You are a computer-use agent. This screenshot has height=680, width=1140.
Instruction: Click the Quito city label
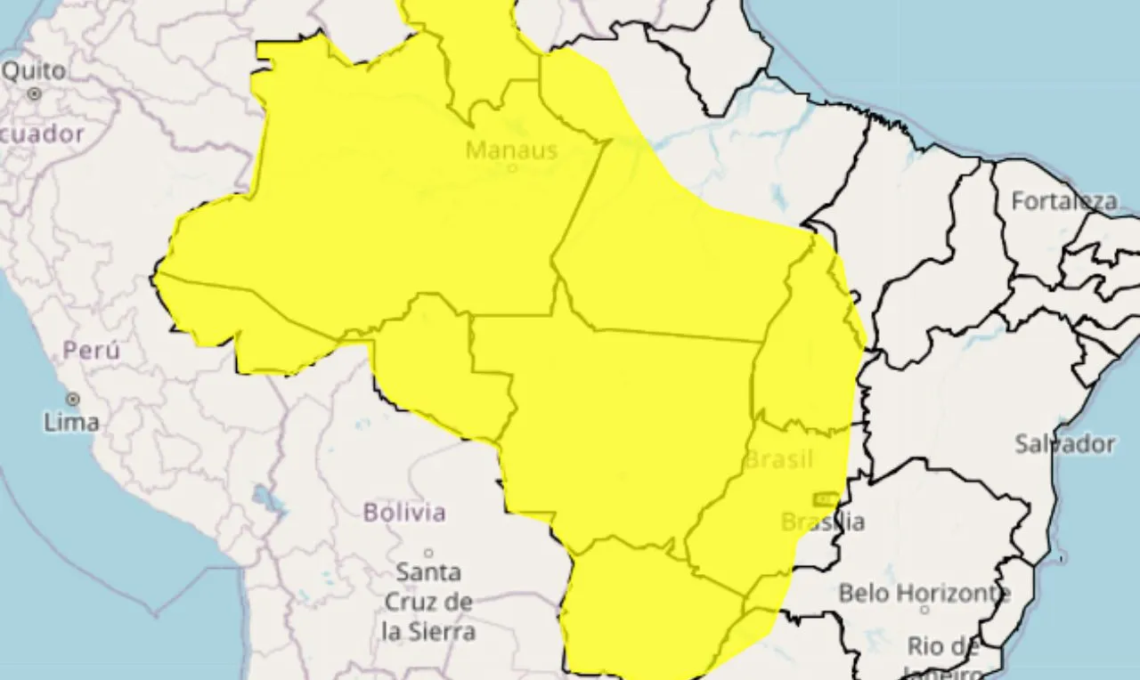pos(34,70)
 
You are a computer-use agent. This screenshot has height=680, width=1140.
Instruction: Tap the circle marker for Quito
pos(35,93)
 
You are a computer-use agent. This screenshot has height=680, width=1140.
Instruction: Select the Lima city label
pos(71,421)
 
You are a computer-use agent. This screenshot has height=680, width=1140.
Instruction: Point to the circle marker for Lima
pos(73,400)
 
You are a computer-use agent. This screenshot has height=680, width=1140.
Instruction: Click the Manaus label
pos(511,150)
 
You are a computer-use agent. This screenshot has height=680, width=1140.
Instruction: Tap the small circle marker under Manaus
pos(512,166)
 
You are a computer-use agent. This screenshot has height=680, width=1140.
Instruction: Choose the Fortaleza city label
pos(1063,201)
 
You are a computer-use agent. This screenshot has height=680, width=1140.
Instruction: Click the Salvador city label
pos(1064,443)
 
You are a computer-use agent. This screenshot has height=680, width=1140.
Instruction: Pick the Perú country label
pos(91,351)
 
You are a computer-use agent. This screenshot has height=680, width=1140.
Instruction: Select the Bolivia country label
pos(404,512)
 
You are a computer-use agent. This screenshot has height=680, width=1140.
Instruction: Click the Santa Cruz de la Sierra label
pos(428,601)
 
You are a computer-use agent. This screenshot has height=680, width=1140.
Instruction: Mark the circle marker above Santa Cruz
pos(428,553)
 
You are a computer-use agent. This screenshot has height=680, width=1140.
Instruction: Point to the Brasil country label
pos(778,460)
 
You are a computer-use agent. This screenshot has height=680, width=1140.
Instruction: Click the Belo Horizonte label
pos(924,592)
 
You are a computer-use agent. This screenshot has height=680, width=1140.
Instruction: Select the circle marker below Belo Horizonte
pos(924,610)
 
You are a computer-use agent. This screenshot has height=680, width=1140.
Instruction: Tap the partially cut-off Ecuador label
pos(42,134)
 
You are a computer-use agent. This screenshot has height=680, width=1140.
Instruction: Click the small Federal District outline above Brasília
pos(825,498)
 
